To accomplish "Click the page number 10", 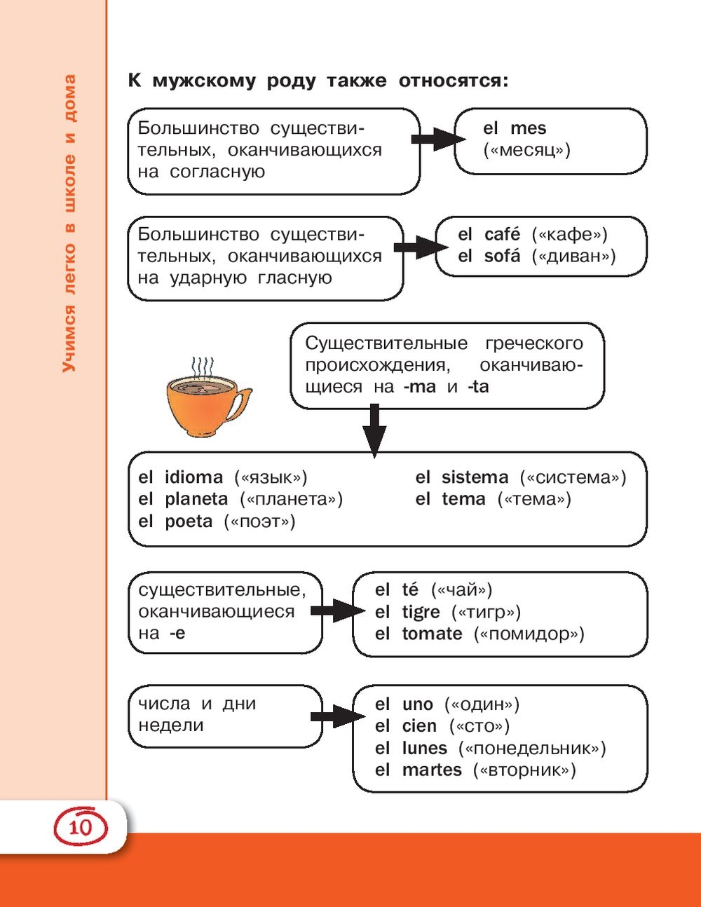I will tap(81, 827).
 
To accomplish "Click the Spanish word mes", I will tap(528, 128).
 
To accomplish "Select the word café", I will tap(502, 234).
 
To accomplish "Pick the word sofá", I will tap(502, 256).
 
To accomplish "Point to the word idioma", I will tap(193, 477).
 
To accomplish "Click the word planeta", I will tap(196, 499).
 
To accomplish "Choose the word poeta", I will tap(189, 521).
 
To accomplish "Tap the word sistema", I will tap(475, 477).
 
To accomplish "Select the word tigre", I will tap(421, 612).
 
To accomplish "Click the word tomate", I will tap(432, 634).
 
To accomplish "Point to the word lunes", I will tap(424, 748).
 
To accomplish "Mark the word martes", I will tap(432, 770).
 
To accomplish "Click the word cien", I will tap(419, 726).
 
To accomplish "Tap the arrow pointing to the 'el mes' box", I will tap(437, 139).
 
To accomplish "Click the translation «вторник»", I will tap(524, 770).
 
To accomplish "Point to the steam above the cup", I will tap(203, 368).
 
